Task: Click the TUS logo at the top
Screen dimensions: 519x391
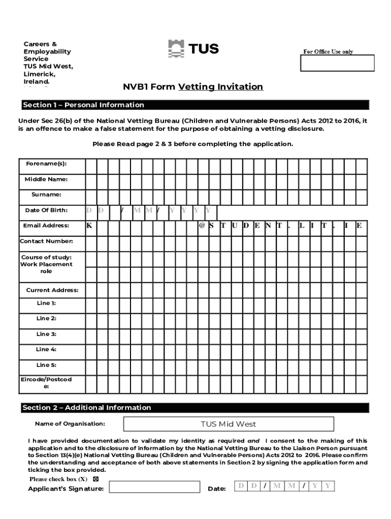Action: tap(193, 49)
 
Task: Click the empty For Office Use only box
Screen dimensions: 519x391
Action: tap(337, 63)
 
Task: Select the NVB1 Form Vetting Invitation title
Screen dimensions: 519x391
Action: tap(193, 87)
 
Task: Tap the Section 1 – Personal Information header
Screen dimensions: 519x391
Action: tap(84, 105)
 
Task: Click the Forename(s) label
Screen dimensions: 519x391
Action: tap(46, 164)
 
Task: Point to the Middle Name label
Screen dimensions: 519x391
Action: tap(46, 179)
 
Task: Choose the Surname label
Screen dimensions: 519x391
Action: tap(46, 195)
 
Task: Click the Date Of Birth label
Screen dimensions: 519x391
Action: tap(46, 210)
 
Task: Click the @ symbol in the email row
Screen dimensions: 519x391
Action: tap(202, 226)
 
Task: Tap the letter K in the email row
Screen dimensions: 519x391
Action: tap(89, 226)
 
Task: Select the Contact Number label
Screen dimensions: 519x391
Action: tap(46, 241)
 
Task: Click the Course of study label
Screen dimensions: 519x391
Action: tap(46, 257)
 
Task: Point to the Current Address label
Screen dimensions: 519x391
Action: tap(52, 290)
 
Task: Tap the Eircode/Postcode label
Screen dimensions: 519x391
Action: tap(46, 383)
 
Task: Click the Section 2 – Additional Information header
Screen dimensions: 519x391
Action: tap(87, 407)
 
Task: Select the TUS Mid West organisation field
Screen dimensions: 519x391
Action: tap(228, 424)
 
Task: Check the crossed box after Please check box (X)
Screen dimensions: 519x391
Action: tap(95, 479)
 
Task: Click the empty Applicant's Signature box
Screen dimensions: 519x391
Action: tap(154, 487)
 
